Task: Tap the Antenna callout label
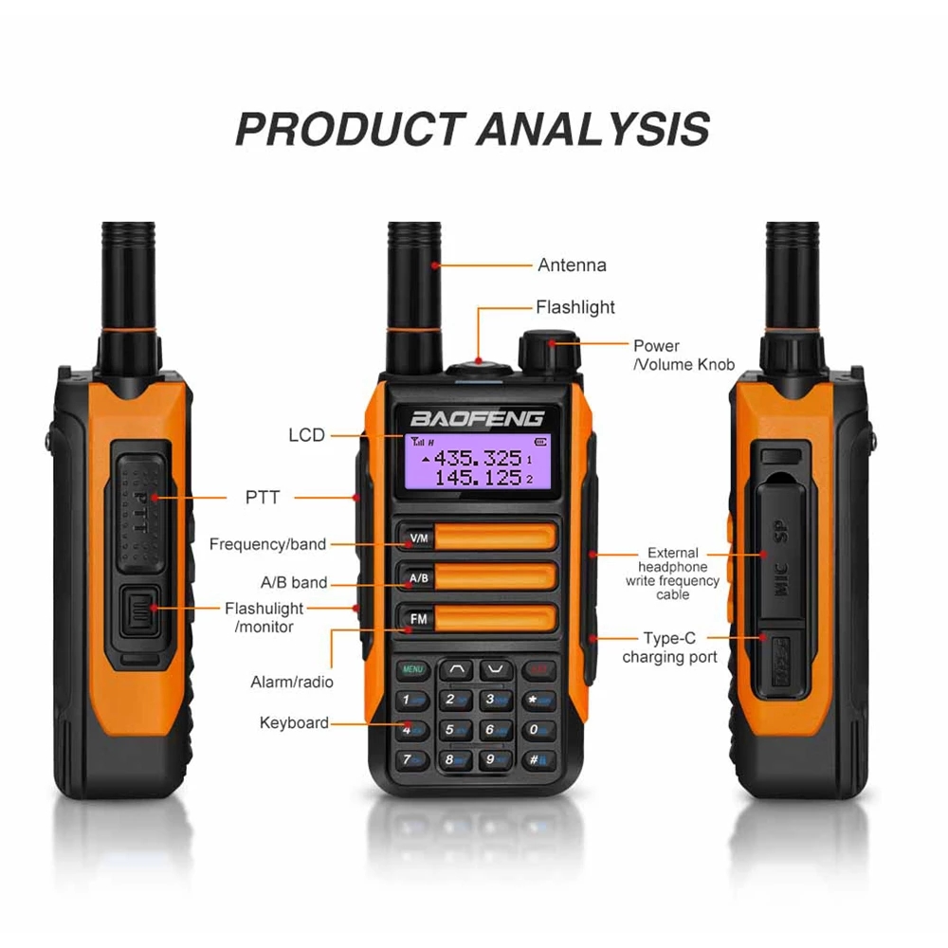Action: (x=572, y=265)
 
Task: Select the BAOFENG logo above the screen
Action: (x=477, y=418)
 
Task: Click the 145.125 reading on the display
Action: (x=478, y=478)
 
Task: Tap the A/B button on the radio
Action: (x=418, y=578)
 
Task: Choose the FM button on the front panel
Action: (x=418, y=620)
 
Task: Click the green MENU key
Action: (x=412, y=669)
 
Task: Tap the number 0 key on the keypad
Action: (x=538, y=729)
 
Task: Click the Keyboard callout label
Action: (x=294, y=723)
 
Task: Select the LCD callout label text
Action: (x=306, y=435)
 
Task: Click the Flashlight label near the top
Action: (x=575, y=307)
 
